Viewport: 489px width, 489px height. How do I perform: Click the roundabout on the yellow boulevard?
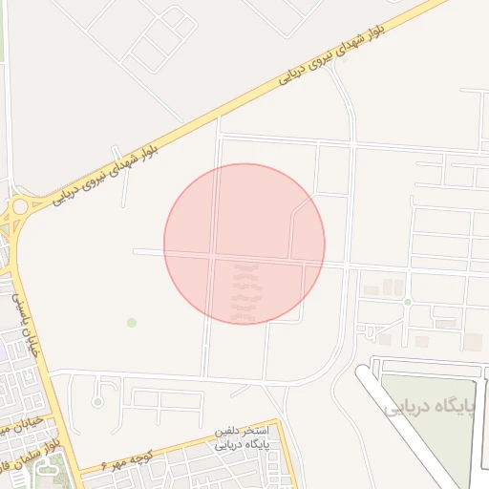pos(19,205)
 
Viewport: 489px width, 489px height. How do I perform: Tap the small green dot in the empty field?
pos(132,323)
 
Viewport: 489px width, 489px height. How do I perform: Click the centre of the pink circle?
pos(244,244)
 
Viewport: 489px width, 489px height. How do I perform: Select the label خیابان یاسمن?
pos(26,324)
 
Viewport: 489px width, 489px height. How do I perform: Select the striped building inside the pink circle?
pos(245,291)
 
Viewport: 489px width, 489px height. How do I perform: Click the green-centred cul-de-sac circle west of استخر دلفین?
pos(96,402)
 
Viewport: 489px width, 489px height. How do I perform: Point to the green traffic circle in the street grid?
pos(407,302)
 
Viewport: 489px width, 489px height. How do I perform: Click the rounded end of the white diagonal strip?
pos(365,374)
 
